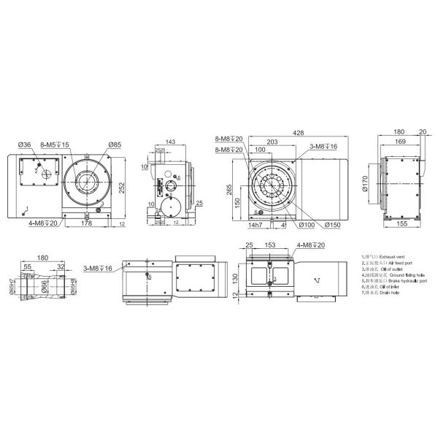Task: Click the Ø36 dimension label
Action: pyautogui.click(x=26, y=145)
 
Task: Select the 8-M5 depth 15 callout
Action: pyautogui.click(x=55, y=145)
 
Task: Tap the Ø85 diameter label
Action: pyautogui.click(x=114, y=145)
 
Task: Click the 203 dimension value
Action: pyautogui.click(x=272, y=142)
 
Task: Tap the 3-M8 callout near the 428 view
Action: pyautogui.click(x=321, y=147)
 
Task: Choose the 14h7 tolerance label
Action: pyautogui.click(x=254, y=224)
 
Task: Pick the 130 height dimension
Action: pyautogui.click(x=235, y=280)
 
